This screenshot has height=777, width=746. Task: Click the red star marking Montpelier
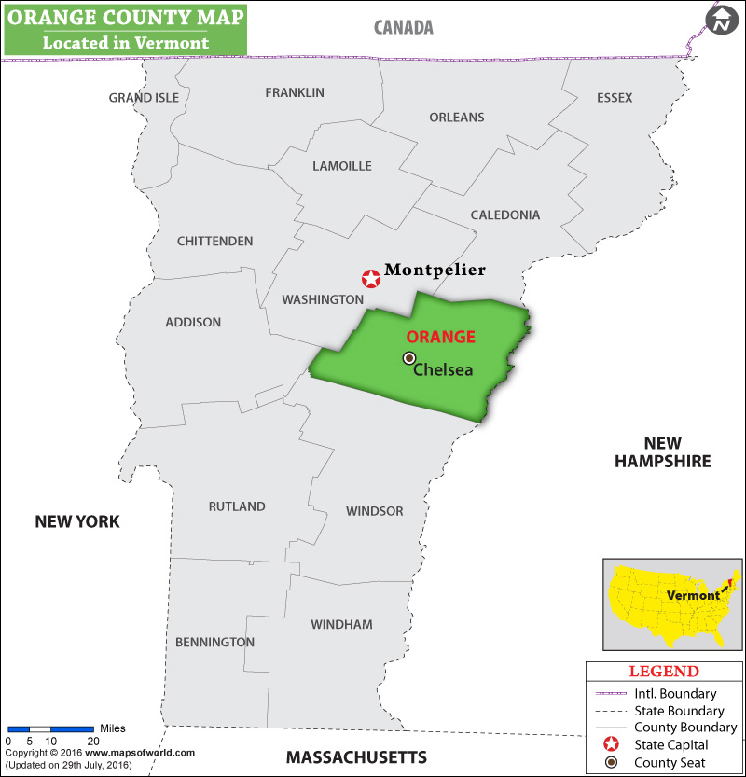tap(371, 278)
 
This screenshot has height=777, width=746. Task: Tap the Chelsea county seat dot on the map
tap(408, 358)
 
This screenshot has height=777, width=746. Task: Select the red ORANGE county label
tap(440, 337)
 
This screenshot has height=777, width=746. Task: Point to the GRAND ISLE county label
tap(143, 98)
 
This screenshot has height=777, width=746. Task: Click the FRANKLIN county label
tap(295, 92)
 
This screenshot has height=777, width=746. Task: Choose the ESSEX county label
tap(615, 98)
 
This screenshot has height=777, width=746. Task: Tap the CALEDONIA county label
tap(504, 215)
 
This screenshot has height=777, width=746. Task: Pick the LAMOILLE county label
tap(342, 166)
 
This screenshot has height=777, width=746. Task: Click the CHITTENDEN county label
tap(214, 241)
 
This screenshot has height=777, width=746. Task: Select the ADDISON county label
tap(193, 322)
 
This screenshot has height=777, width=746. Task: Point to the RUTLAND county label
tap(237, 506)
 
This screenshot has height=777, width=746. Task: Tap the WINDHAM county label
tap(341, 624)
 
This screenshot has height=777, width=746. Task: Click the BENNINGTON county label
tap(214, 642)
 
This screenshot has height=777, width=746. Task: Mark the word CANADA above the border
tap(404, 27)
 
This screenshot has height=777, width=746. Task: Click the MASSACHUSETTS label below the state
tap(356, 756)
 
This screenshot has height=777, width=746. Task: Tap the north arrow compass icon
tap(721, 20)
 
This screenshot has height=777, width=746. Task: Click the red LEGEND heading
tap(663, 671)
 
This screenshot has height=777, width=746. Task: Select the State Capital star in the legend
tap(611, 744)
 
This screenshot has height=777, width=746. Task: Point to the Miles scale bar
tap(50, 728)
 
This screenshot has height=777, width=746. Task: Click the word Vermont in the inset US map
tap(693, 595)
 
